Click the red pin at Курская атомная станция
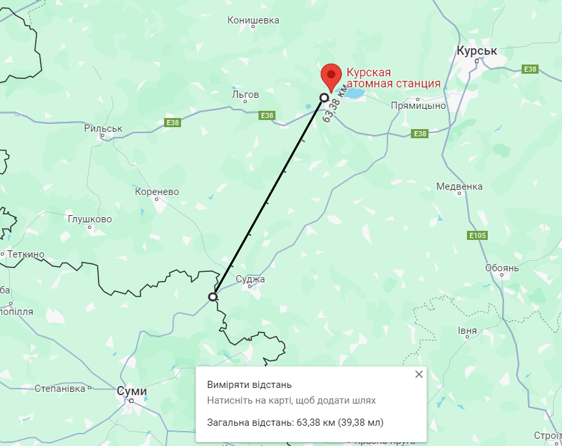coord(331,76)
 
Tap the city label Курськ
coord(477,51)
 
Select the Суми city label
coord(132,391)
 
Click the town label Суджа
coord(251,280)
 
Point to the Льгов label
coord(246,95)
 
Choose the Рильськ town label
coord(103,128)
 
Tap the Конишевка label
coord(253,20)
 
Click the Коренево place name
coord(156,192)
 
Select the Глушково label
coord(90,219)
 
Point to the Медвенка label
coord(460,186)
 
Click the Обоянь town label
coord(501,268)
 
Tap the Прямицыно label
coord(418,106)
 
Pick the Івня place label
coord(467,331)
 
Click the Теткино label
coord(25,254)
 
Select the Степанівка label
coord(60,389)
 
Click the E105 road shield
coord(477,235)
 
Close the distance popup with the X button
coord(419,374)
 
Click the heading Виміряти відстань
coord(249,385)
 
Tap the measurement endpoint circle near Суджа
coord(213,297)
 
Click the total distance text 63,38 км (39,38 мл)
coord(340,422)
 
